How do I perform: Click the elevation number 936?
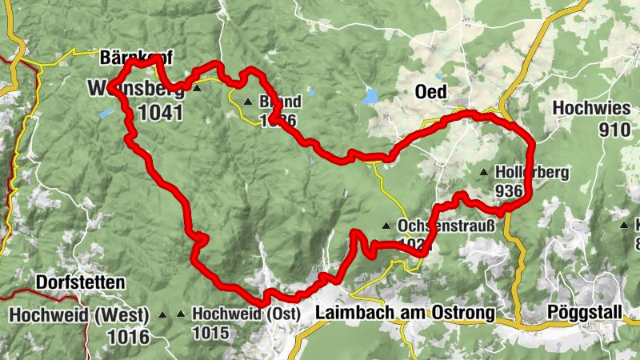pyautogui.click(x=508, y=191)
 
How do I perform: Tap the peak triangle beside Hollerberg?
pyautogui.click(x=483, y=172)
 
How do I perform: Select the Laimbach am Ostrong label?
pyautogui.click(x=404, y=312)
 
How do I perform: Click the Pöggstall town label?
pyautogui.click(x=584, y=312)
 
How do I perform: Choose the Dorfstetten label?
pyautogui.click(x=80, y=282)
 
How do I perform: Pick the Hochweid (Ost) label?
pyautogui.click(x=246, y=314)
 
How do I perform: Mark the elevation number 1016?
pyautogui.click(x=128, y=336)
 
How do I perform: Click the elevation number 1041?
pyautogui.click(x=160, y=112)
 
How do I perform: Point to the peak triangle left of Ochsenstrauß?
pyautogui.click(x=386, y=226)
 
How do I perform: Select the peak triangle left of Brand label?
pyautogui.click(x=248, y=102)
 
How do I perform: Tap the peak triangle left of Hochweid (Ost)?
pyautogui.click(x=181, y=314)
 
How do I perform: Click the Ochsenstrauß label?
pyautogui.click(x=446, y=226)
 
